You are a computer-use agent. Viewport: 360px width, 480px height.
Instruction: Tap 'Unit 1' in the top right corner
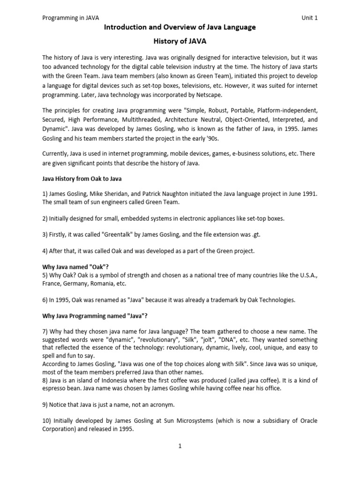(x=310, y=18)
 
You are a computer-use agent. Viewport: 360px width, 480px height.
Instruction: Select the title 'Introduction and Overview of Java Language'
(x=180, y=27)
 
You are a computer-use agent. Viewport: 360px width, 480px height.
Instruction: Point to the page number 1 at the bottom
(x=180, y=446)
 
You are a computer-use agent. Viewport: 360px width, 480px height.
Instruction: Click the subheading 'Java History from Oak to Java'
(x=82, y=179)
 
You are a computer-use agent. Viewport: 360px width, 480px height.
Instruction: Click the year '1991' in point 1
(x=308, y=194)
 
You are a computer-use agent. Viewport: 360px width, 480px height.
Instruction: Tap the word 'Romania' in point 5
(x=109, y=283)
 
